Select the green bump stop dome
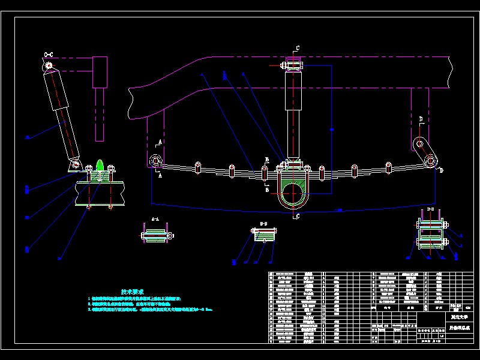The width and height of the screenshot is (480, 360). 100,165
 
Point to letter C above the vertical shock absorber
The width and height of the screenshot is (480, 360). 297,48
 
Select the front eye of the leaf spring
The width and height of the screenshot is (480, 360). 155,161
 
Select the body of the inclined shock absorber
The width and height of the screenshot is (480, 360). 62,114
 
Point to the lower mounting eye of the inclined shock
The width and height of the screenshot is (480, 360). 74,163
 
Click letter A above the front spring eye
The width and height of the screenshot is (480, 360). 160,142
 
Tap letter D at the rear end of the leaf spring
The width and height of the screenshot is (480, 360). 442,171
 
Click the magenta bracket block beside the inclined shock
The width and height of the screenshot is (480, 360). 100,71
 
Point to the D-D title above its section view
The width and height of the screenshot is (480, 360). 430,209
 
